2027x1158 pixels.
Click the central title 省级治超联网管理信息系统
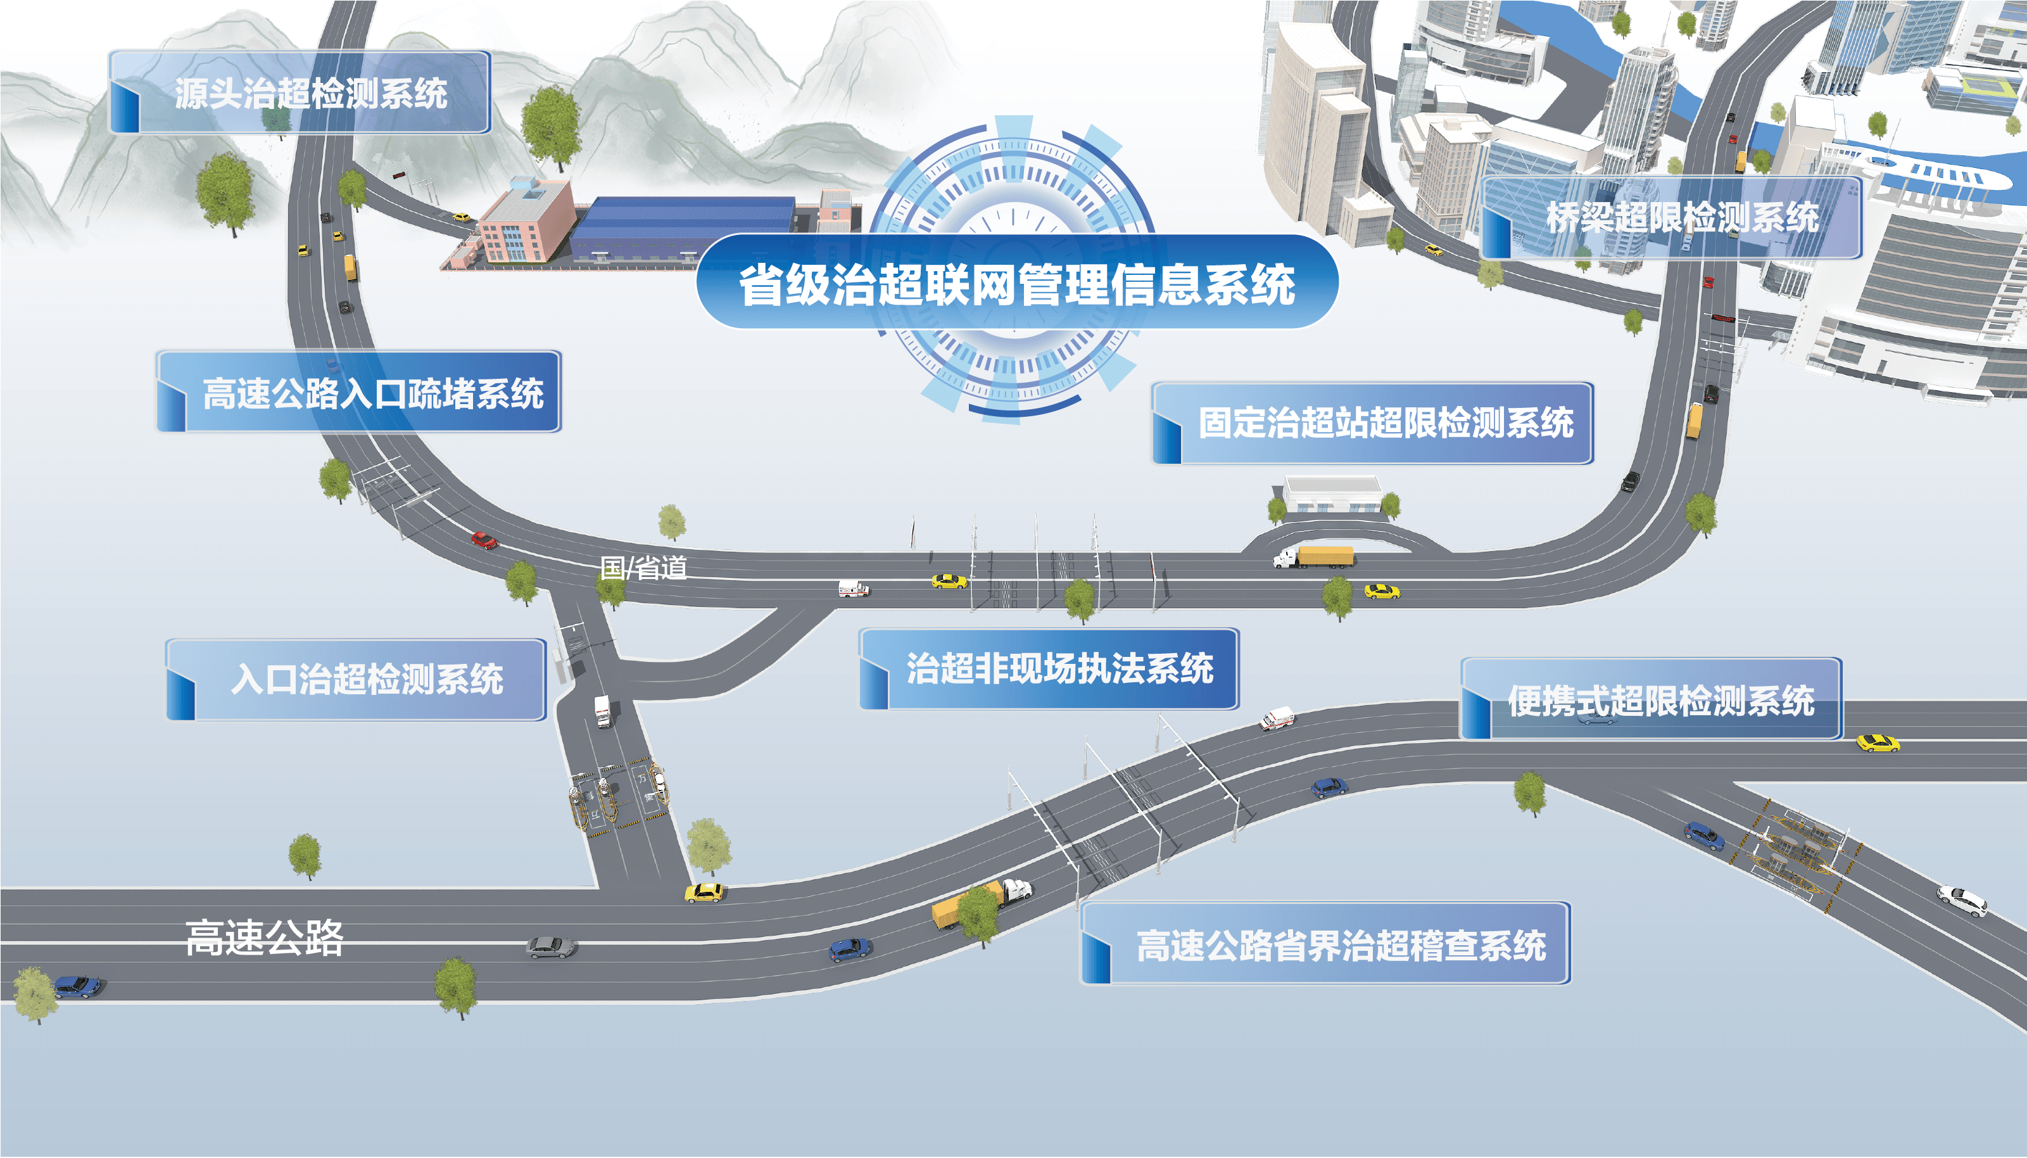(x=1017, y=283)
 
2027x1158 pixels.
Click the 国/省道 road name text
(x=643, y=568)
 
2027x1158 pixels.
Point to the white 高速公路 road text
(x=264, y=937)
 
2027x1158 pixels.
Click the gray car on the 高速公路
(x=550, y=946)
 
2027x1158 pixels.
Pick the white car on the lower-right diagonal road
(x=1962, y=900)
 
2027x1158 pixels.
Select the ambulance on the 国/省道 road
(x=853, y=589)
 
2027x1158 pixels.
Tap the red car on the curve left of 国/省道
(x=483, y=540)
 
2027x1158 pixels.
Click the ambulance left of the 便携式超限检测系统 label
(x=1277, y=718)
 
